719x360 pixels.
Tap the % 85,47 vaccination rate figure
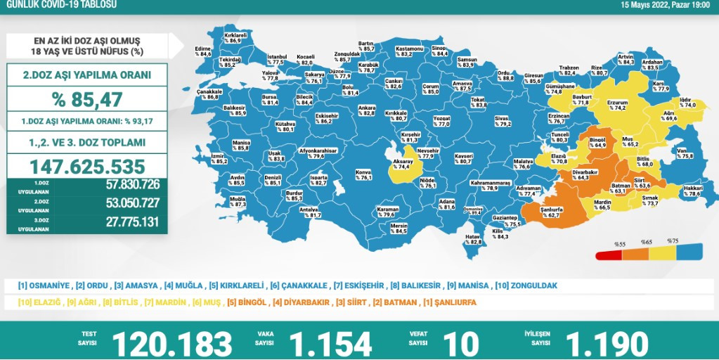pyautogui.click(x=88, y=99)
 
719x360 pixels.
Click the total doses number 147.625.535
pyautogui.click(x=88, y=167)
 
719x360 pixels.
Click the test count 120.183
pyautogui.click(x=172, y=343)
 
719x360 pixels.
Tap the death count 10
pyautogui.click(x=461, y=343)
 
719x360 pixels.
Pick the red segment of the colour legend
pyautogui.click(x=608, y=255)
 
